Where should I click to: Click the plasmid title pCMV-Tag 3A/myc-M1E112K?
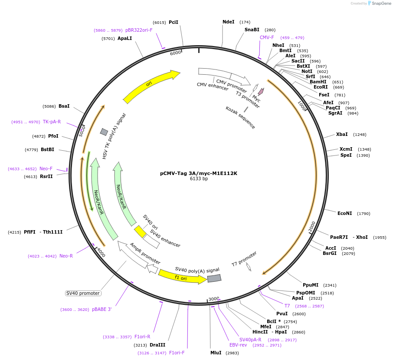tap(198, 173)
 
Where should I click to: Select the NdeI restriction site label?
tap(228, 22)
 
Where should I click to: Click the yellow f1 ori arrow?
tap(182, 277)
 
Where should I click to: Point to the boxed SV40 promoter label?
tap(83, 293)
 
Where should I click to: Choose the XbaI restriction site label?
tap(342, 134)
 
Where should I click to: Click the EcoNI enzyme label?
tap(344, 213)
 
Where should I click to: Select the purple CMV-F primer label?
tap(267, 37)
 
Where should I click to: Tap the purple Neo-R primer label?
tap(66, 256)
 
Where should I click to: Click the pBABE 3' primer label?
tap(102, 310)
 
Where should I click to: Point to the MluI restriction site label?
tap(216, 353)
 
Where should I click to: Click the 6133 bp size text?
tap(198, 178)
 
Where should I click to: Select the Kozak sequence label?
tap(240, 117)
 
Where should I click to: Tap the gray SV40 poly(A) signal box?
tap(214, 278)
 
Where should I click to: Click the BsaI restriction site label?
tap(64, 106)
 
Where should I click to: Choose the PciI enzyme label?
tap(174, 22)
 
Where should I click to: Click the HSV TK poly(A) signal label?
tap(114, 136)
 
